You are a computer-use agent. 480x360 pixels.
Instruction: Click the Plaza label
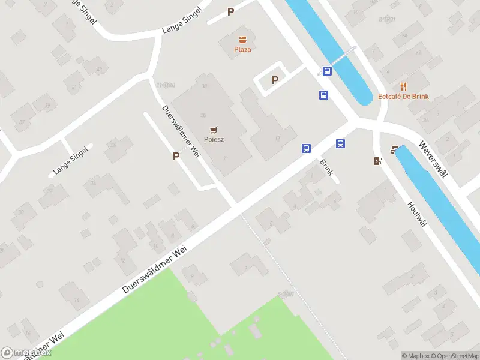pyautogui.click(x=242, y=49)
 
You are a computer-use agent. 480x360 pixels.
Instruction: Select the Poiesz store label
pyautogui.click(x=214, y=139)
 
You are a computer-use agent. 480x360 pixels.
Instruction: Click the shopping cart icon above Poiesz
pyautogui.click(x=214, y=129)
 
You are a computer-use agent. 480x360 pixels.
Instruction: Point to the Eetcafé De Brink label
pyautogui.click(x=403, y=97)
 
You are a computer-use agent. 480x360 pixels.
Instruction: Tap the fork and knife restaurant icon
pyautogui.click(x=403, y=86)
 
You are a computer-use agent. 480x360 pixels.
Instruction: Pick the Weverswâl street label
pyautogui.click(x=434, y=160)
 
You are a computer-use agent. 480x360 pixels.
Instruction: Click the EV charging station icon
pyautogui.click(x=378, y=161)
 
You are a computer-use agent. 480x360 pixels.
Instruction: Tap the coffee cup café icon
pyautogui.click(x=395, y=149)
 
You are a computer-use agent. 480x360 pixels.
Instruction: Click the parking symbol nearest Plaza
pyautogui.click(x=230, y=11)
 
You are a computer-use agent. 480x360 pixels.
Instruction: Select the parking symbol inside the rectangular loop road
pyautogui.click(x=275, y=80)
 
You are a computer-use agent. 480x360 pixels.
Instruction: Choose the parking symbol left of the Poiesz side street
pyautogui.click(x=176, y=156)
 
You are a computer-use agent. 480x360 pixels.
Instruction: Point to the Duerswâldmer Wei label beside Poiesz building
pyautogui.click(x=181, y=131)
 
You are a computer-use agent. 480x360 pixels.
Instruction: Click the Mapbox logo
pyautogui.click(x=26, y=353)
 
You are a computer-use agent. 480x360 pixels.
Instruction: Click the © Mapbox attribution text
pyautogui.click(x=417, y=356)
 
